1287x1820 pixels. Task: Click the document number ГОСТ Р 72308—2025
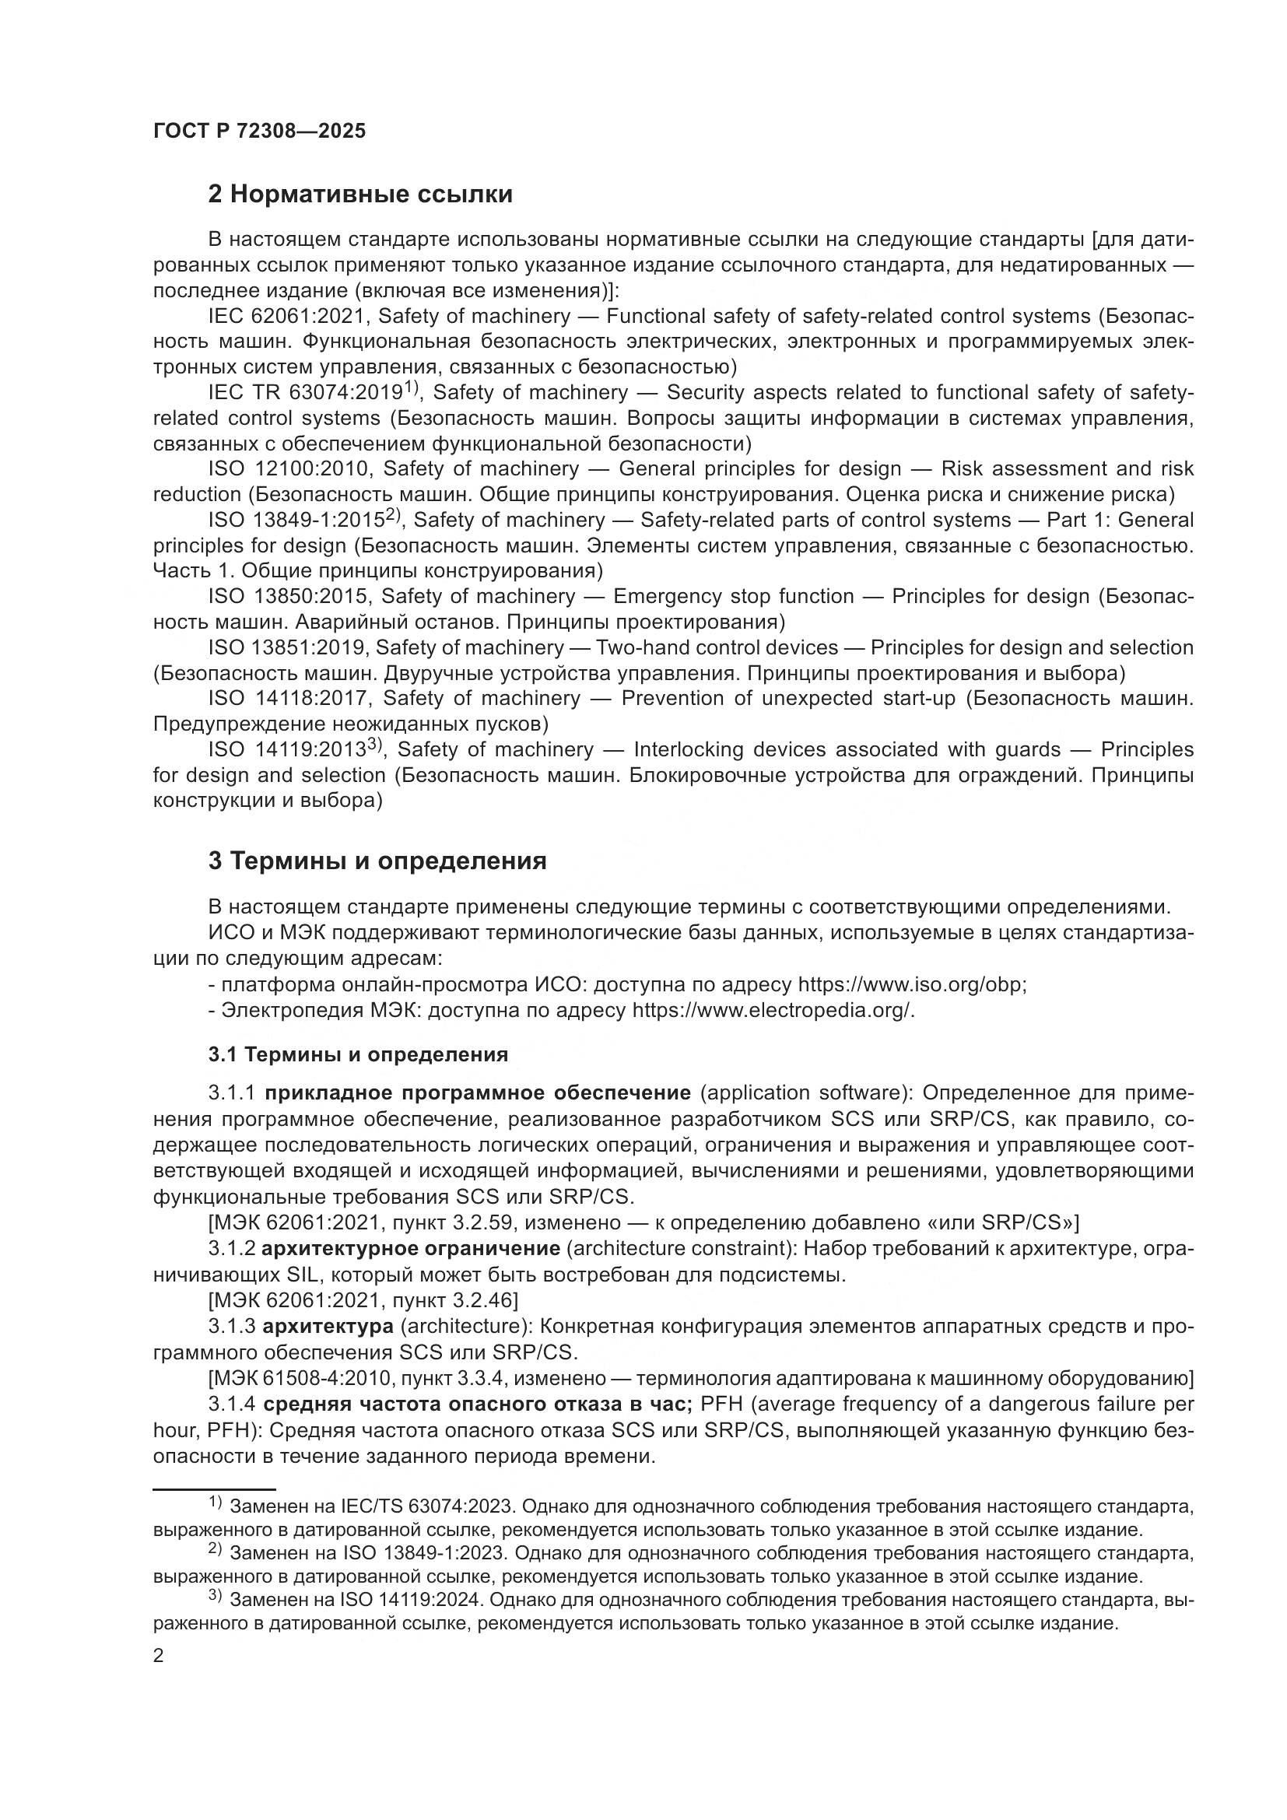coord(259,132)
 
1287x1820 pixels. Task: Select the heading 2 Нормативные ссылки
coord(359,195)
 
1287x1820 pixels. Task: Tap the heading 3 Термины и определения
coord(377,861)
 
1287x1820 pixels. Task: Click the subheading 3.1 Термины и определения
coord(358,1055)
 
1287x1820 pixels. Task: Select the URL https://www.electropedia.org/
coord(773,1011)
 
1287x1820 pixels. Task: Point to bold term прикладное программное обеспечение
coord(477,1094)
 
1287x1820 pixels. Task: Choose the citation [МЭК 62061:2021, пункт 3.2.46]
coord(363,1301)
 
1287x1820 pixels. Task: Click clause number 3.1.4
coord(231,1404)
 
